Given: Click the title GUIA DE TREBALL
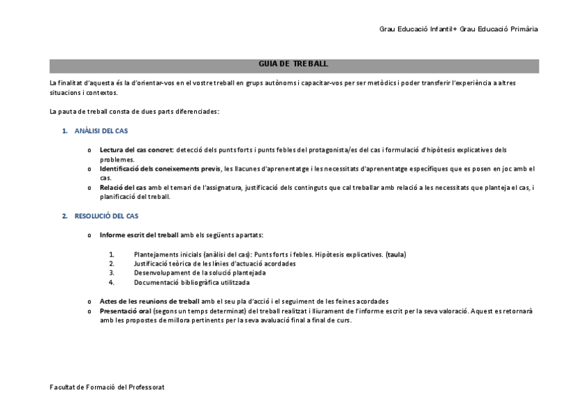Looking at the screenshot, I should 293,64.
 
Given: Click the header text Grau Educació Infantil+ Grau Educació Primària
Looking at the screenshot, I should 458,29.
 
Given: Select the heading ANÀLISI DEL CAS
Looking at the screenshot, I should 101,130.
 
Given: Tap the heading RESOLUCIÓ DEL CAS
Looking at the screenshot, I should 106,216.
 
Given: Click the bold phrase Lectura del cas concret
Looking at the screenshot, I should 136,150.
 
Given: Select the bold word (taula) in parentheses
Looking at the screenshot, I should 396,254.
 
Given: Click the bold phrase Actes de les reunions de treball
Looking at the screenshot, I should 149,302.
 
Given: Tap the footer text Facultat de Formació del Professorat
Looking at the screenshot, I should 107,387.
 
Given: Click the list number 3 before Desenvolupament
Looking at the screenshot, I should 111,273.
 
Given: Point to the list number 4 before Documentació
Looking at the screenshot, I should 111,282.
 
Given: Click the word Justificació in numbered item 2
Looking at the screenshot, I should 152,263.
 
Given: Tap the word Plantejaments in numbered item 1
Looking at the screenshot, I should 156,254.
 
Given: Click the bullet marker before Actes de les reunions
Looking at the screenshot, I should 89,302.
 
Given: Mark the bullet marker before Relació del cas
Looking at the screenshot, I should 89,188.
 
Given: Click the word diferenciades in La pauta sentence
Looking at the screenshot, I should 197,112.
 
